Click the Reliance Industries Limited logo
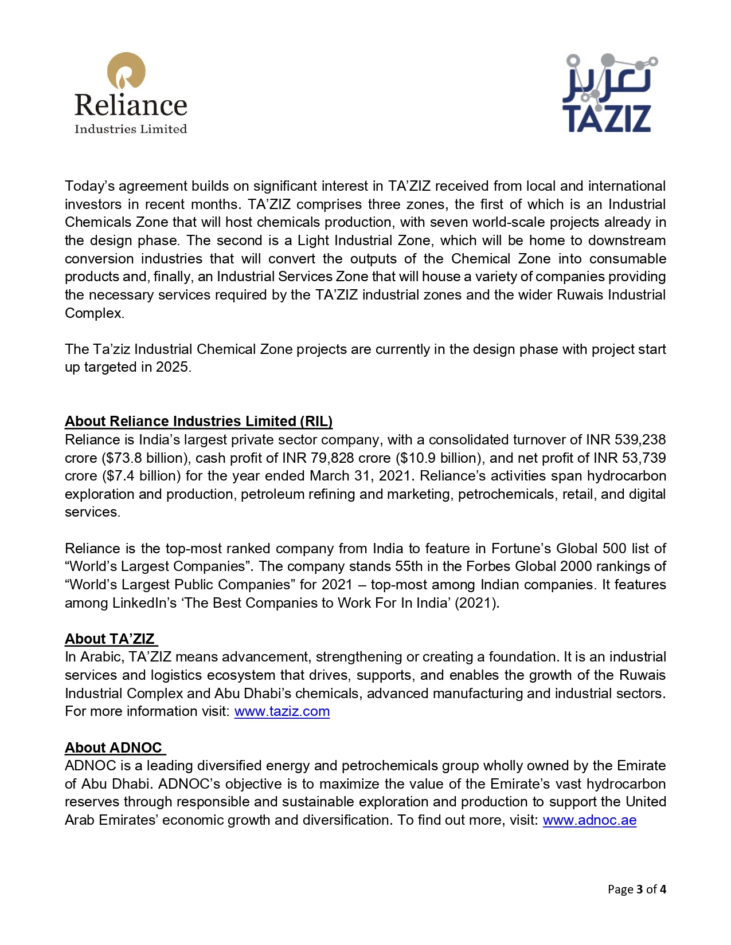pyautogui.click(x=131, y=93)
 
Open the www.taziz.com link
pyautogui.click(x=282, y=711)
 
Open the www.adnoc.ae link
pyautogui.click(x=589, y=820)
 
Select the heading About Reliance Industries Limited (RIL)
pyautogui.click(x=198, y=422)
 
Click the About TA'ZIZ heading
pyautogui.click(x=110, y=639)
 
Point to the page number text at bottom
pyautogui.click(x=636, y=889)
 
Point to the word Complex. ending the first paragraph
pyautogui.click(x=94, y=313)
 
